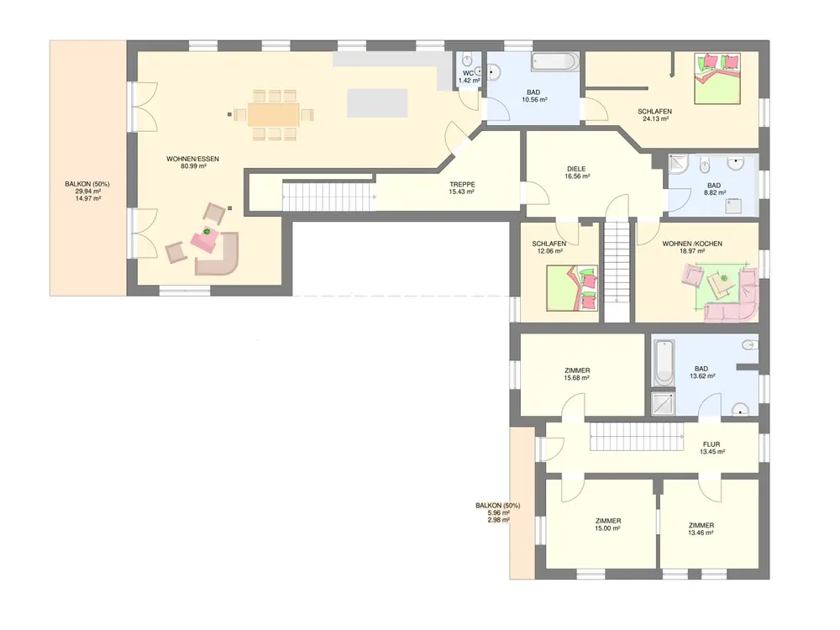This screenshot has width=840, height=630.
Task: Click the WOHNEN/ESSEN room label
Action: tap(193, 159)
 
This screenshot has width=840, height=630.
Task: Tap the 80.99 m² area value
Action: tap(194, 166)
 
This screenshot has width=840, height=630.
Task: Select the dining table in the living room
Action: tap(274, 114)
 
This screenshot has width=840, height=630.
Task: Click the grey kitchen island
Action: tap(377, 102)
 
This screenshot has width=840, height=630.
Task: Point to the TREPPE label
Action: tap(462, 184)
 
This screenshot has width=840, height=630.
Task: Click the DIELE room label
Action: tap(576, 169)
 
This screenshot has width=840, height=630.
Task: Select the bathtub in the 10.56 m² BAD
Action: tap(555, 61)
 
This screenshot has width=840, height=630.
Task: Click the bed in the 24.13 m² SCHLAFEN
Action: tap(717, 78)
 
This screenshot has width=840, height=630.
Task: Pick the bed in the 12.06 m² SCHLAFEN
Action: tap(571, 288)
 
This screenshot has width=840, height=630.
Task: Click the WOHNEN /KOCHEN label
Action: tap(692, 244)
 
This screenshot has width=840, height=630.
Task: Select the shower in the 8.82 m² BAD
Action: tap(678, 165)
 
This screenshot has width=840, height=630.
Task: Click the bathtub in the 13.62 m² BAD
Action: tap(664, 363)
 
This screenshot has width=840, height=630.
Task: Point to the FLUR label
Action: tap(711, 444)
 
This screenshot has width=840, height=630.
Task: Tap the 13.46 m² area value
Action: tap(701, 533)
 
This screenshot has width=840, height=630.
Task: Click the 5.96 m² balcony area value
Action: tap(498, 512)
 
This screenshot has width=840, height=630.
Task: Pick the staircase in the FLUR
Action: tap(637, 437)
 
